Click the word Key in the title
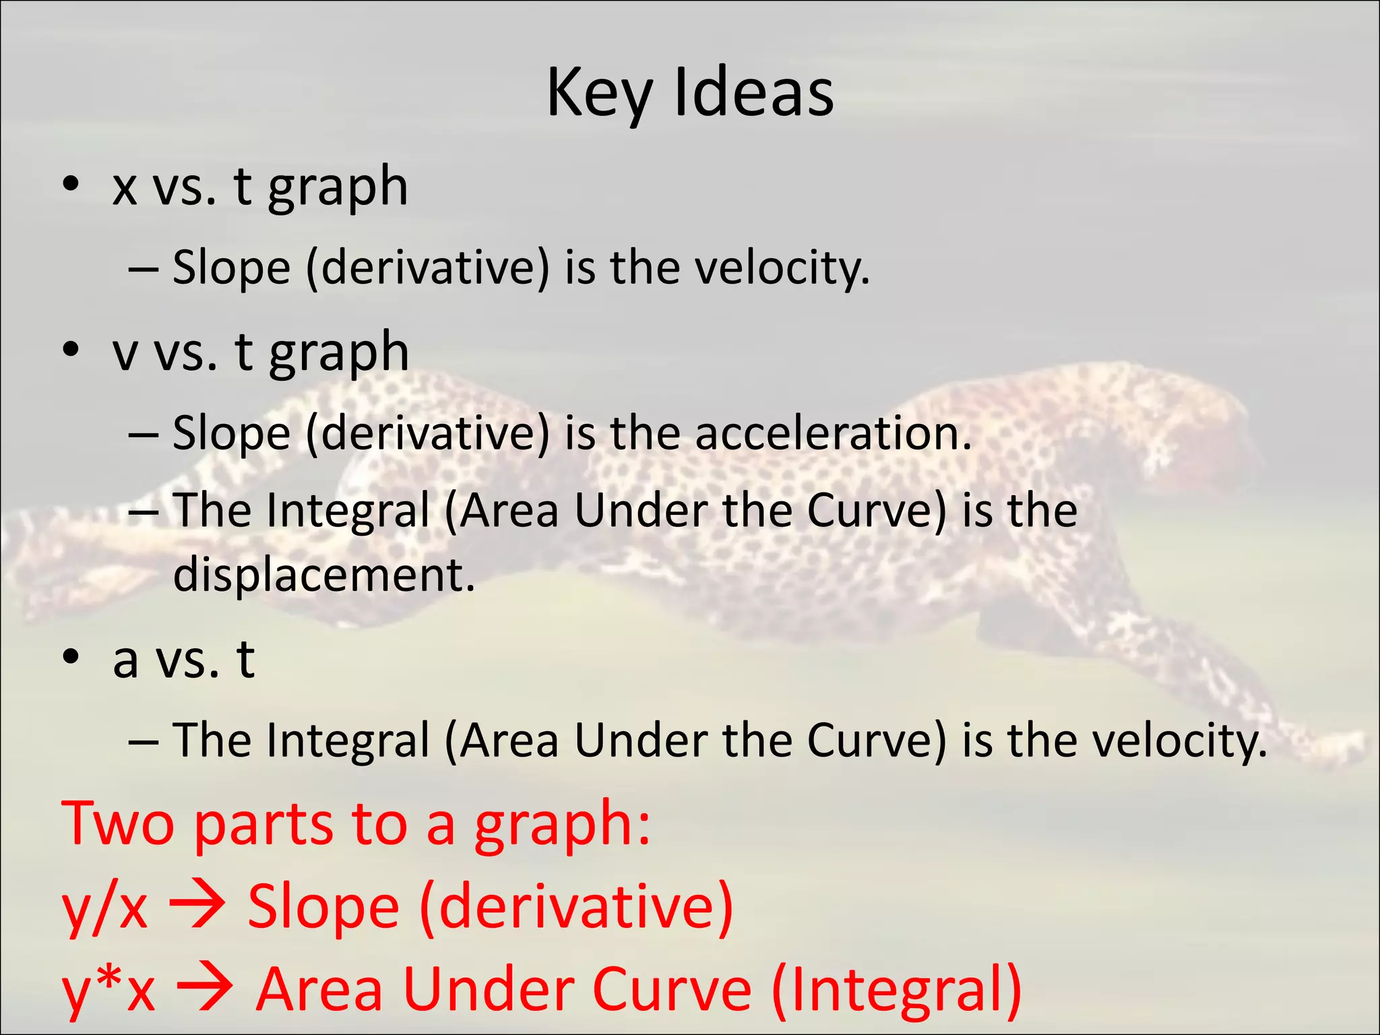pos(598,94)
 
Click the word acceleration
pos(833,433)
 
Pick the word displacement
pos(323,574)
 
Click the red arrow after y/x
pos(197,905)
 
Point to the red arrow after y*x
pos(205,989)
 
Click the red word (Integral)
pos(896,989)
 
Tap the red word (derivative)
pos(576,906)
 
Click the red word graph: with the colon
pos(563,825)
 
